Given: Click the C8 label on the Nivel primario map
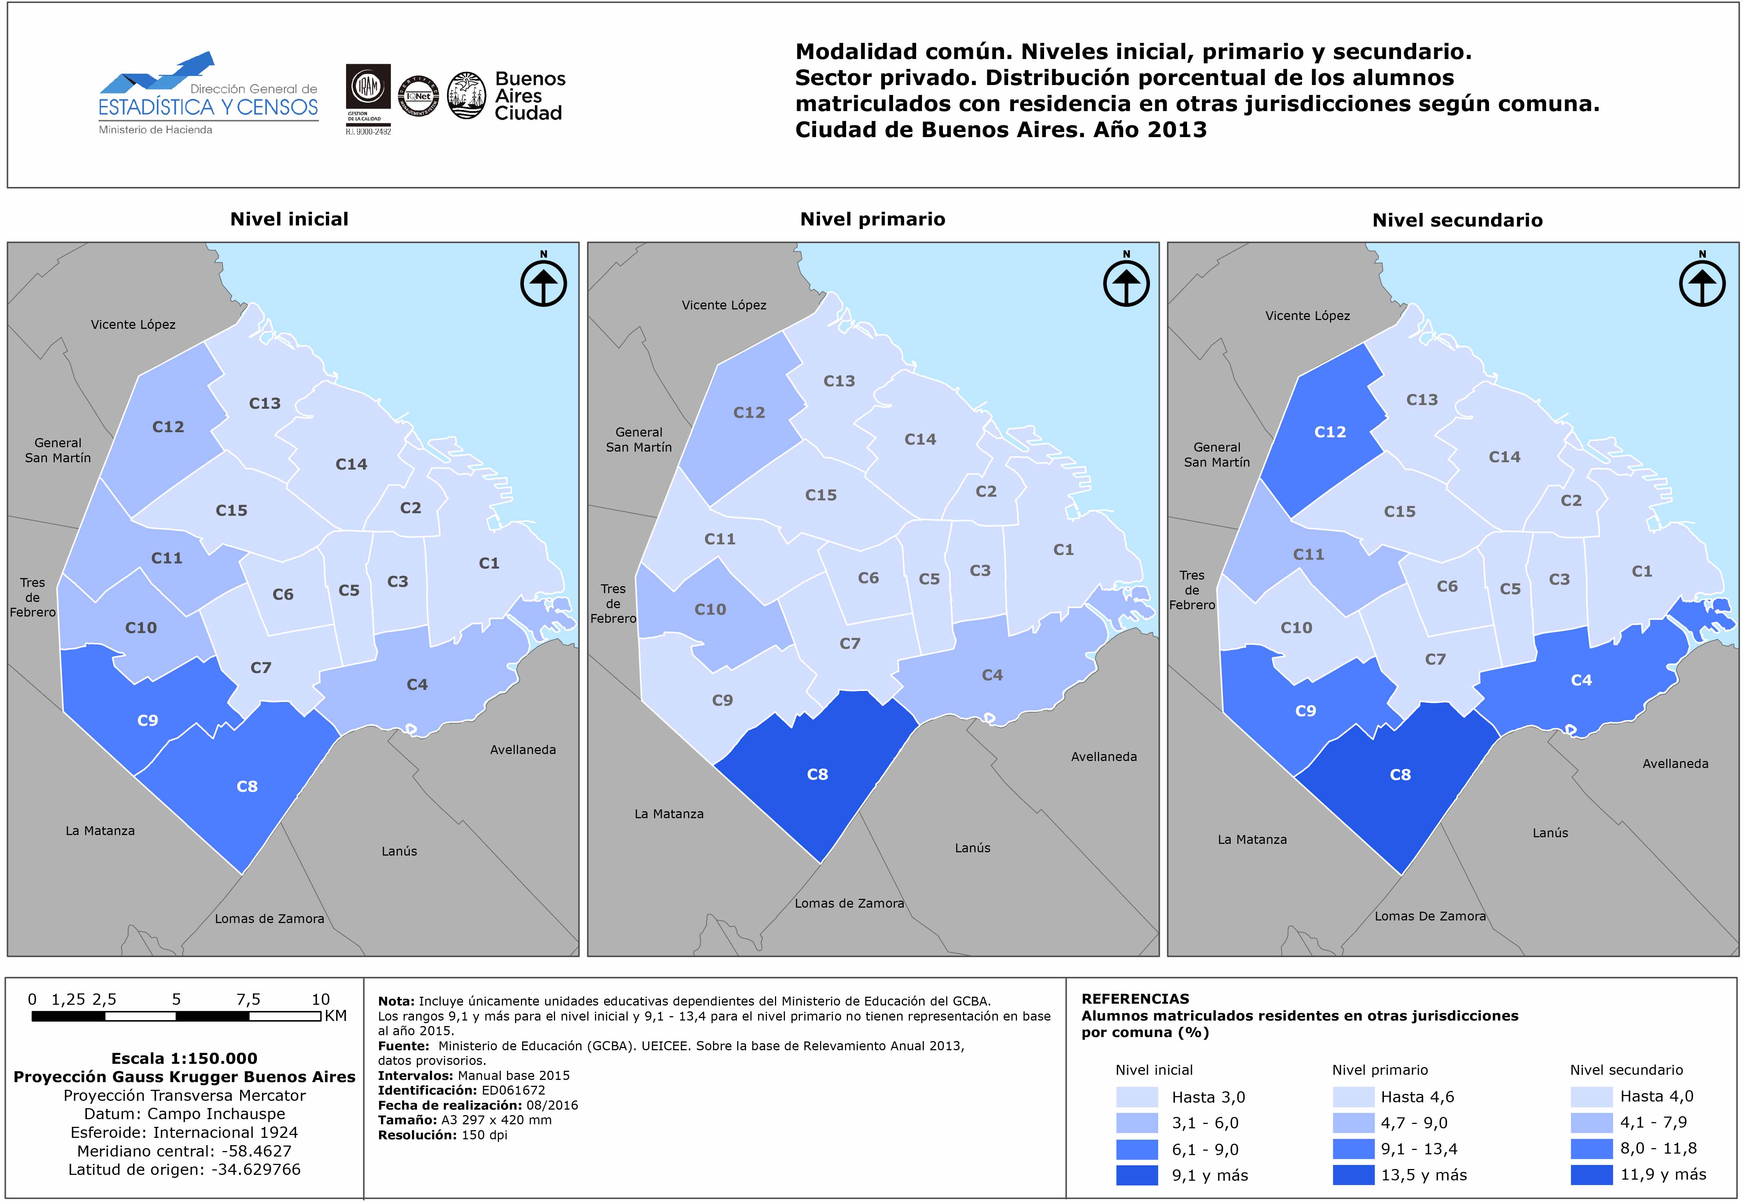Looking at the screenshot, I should tap(817, 774).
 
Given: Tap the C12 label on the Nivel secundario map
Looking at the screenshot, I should tap(1330, 432).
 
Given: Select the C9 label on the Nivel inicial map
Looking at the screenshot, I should tap(148, 721).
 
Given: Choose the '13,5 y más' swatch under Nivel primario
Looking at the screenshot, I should tap(1353, 1175).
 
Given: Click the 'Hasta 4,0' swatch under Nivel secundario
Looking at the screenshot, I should tap(1591, 1096).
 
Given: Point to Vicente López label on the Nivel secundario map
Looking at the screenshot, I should tap(1307, 316).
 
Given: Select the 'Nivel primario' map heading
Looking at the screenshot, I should tap(872, 219).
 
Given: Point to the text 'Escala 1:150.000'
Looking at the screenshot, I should tap(184, 1058).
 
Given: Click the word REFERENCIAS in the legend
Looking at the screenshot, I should tap(1135, 999).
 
